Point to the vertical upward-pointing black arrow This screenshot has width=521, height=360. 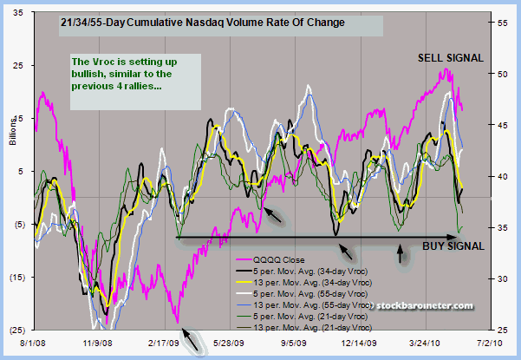coord(400,254)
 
